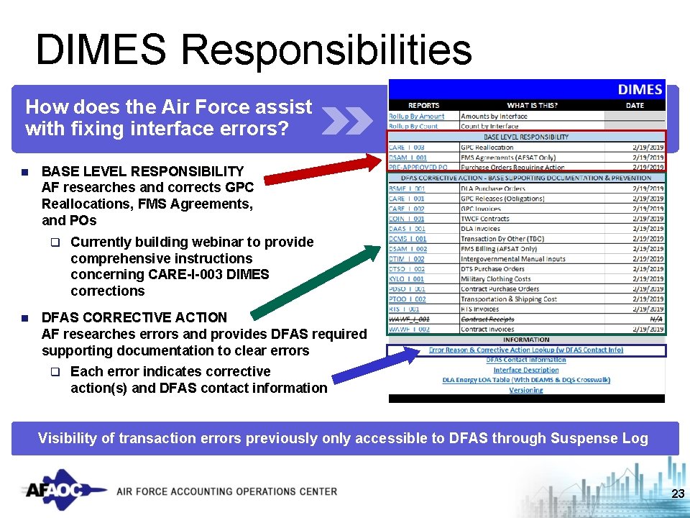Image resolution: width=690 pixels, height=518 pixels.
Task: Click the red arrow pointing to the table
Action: [x=324, y=171]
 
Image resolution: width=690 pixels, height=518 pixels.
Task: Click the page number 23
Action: [x=677, y=494]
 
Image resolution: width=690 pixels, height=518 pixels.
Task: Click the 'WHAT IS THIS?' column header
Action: [x=532, y=106]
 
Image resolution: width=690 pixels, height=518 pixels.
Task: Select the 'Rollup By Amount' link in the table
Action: [x=417, y=116]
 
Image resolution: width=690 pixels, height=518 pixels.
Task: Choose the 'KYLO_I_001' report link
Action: [x=407, y=279]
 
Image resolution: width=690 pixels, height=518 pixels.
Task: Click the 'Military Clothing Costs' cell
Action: [x=496, y=279]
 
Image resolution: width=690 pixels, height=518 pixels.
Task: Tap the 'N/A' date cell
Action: [x=656, y=319]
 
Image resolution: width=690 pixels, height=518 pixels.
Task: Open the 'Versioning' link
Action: [x=526, y=390]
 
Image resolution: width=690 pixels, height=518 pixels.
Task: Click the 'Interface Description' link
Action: [x=526, y=370]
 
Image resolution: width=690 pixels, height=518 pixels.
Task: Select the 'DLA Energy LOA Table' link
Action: [x=526, y=380]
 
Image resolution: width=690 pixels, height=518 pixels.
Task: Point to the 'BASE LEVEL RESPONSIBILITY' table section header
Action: [x=526, y=137]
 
